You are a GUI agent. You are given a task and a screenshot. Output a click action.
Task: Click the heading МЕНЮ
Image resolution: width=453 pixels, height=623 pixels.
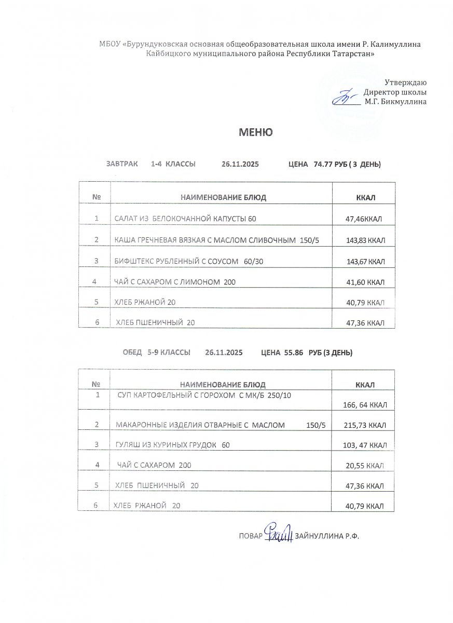pos(255,132)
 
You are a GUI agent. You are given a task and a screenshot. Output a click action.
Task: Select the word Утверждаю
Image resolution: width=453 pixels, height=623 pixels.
pos(405,82)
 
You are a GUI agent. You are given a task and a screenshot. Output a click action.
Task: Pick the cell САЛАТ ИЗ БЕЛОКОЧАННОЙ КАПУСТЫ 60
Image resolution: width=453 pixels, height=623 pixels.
pos(185,219)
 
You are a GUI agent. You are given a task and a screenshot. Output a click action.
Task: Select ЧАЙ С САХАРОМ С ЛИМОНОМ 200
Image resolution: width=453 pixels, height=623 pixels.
pos(175,281)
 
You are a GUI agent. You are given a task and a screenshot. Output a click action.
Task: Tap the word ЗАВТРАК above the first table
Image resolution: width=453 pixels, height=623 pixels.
pos(122,164)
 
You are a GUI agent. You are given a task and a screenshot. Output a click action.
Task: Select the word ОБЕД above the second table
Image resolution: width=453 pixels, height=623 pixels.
pos(132,353)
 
